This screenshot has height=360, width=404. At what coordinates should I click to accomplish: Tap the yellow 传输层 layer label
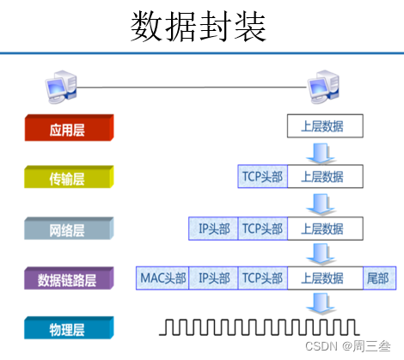tap(68, 179)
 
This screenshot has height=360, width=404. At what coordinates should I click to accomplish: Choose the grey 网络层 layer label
tap(68, 229)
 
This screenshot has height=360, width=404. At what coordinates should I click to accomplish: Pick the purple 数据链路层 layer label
tap(68, 280)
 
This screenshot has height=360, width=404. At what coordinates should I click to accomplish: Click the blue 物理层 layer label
tap(68, 329)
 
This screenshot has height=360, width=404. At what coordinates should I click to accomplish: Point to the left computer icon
tap(61, 86)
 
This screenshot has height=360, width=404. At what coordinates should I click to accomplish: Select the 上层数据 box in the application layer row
tap(324, 127)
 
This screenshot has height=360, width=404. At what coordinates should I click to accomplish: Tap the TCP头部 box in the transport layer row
tap(262, 177)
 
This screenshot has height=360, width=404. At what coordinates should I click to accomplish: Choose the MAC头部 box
tap(162, 278)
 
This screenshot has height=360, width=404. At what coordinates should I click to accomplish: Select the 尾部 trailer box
tap(377, 278)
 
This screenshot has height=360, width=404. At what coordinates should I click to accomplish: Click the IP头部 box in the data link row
tap(213, 278)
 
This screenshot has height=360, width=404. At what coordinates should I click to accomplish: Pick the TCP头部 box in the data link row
tap(262, 278)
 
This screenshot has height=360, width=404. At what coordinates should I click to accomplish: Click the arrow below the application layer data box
tap(324, 152)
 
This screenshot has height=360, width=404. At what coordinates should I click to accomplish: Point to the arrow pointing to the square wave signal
tap(324, 303)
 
